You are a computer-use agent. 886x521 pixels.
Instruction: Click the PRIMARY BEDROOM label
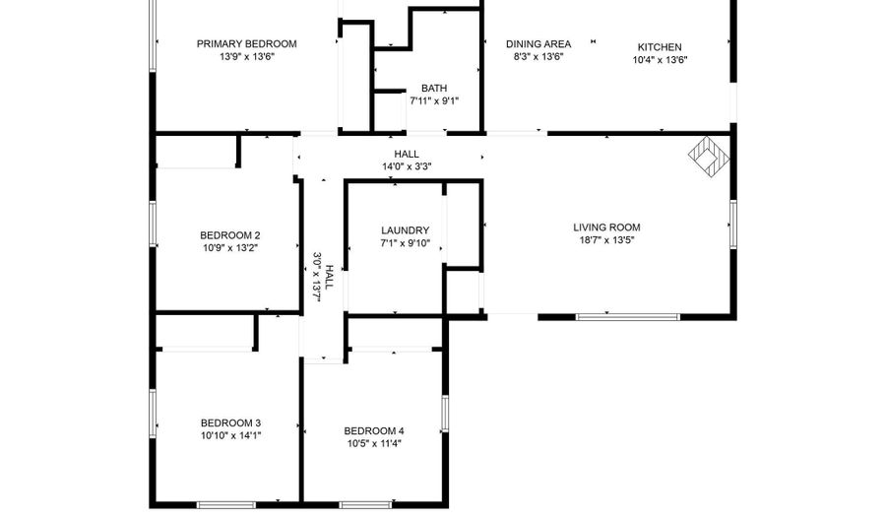pyautogui.click(x=246, y=44)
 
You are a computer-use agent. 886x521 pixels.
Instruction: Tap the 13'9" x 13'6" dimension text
pyautogui.click(x=247, y=56)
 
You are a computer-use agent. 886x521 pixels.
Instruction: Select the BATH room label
pyautogui.click(x=434, y=89)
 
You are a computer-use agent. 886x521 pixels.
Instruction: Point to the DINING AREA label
pyautogui.click(x=538, y=44)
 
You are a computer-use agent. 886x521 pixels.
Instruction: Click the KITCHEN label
pyautogui.click(x=660, y=47)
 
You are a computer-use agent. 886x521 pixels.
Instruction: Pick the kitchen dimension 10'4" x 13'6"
pyautogui.click(x=660, y=60)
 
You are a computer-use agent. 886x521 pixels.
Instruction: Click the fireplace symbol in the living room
pyautogui.click(x=709, y=155)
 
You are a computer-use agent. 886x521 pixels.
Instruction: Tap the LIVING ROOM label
pyautogui.click(x=606, y=228)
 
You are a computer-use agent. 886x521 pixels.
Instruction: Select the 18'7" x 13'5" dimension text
pyautogui.click(x=606, y=240)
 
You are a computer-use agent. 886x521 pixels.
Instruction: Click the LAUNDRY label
pyautogui.click(x=406, y=230)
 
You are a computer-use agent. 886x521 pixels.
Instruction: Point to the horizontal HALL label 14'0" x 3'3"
pyautogui.click(x=407, y=161)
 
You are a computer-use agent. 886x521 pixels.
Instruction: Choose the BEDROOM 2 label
pyautogui.click(x=230, y=235)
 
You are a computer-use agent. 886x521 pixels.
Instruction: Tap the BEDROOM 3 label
pyautogui.click(x=230, y=423)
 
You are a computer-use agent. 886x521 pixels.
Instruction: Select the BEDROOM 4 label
pyautogui.click(x=374, y=431)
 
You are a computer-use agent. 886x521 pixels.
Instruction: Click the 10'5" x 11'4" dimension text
pyautogui.click(x=374, y=443)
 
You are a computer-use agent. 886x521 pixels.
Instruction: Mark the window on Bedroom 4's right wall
pyautogui.click(x=445, y=414)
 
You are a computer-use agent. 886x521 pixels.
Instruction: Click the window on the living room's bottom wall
pyautogui.click(x=628, y=317)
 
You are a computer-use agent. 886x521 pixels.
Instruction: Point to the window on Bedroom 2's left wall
pyautogui.click(x=153, y=224)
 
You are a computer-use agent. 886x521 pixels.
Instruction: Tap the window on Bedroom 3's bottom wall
pyautogui.click(x=226, y=504)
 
